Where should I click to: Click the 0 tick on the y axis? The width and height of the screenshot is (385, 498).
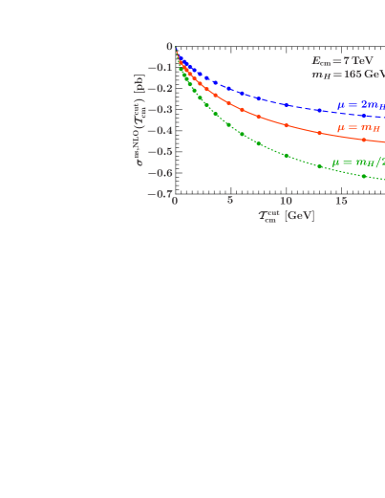pos(169,46)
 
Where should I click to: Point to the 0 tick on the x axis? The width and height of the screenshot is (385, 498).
pos(175,201)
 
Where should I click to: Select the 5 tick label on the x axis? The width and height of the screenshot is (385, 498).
pos(230,201)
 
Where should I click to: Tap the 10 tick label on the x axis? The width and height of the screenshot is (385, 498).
pos(286,201)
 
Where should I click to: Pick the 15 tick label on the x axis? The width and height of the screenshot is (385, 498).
pos(340,201)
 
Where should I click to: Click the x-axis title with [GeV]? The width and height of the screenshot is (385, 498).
pos(286,216)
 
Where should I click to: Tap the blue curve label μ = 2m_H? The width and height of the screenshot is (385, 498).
pos(360,105)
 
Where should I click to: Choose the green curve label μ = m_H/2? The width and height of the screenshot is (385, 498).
pos(357,162)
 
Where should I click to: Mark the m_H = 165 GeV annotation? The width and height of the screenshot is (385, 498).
pos(347,73)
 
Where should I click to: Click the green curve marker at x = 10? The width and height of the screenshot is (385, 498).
pos(286,155)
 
